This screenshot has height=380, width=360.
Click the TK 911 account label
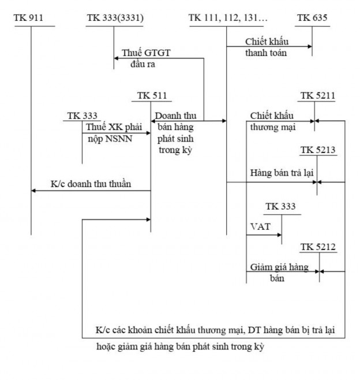29,18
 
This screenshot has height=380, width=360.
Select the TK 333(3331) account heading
115,18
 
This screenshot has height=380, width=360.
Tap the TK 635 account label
312,18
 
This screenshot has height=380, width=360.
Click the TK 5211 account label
317,95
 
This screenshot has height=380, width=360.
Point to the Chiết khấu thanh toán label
266,47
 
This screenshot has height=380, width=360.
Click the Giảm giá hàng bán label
279,273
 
